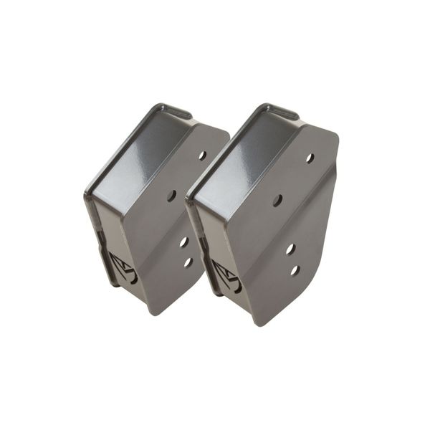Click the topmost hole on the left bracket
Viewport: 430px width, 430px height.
202,155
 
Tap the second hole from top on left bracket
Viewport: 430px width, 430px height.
171,195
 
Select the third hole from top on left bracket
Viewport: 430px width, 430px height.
183,242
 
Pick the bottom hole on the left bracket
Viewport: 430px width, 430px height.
188,262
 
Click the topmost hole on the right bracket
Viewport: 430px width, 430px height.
310,158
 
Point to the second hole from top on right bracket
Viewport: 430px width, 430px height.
277,201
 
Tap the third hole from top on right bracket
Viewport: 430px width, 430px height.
290,249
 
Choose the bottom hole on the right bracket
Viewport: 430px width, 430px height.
295,270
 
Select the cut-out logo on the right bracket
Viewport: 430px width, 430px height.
227,275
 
